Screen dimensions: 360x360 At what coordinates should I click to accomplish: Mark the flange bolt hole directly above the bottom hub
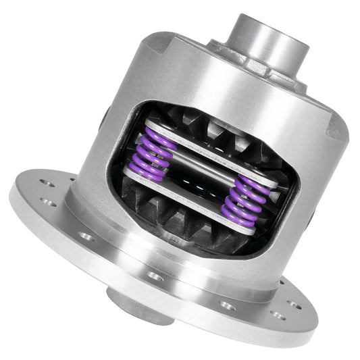pyautogui.click(x=156, y=276)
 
